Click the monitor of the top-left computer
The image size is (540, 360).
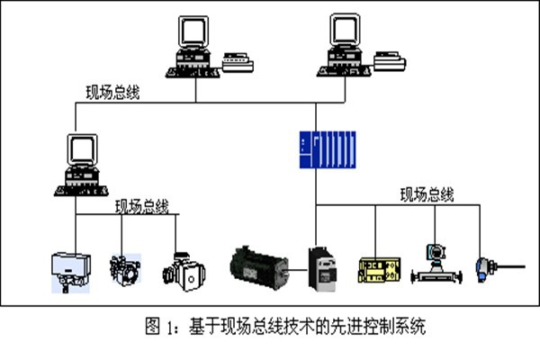point(193,35)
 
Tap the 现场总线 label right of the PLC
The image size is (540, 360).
point(427,193)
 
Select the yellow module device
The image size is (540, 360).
point(382,269)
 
